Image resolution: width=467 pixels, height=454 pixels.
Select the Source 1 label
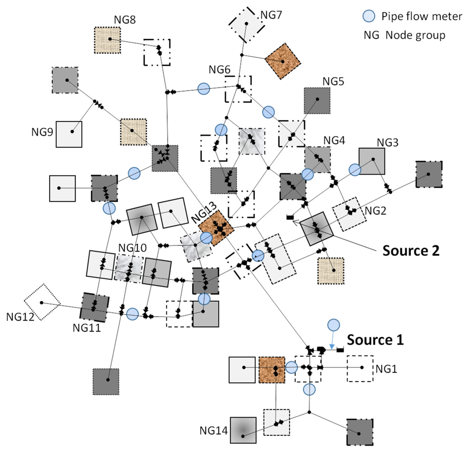coord(375,340)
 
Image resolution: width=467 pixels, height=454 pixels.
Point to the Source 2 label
coord(411,251)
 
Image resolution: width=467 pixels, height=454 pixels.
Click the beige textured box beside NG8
coord(108,40)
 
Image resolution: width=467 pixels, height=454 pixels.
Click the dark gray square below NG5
coord(317,101)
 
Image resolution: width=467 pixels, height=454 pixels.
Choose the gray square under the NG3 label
coord(371,161)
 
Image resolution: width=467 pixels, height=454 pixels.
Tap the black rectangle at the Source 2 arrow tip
coord(289,218)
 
